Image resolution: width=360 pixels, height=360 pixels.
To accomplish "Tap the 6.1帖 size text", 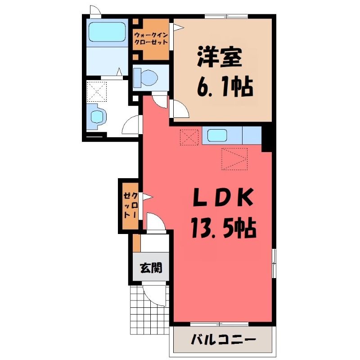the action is click(x=225, y=87).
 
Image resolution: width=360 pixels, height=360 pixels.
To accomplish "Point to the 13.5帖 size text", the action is click(x=223, y=228).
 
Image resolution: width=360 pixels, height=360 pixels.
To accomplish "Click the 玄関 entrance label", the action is click(x=151, y=268).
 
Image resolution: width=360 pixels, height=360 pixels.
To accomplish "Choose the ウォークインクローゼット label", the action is click(x=151, y=39).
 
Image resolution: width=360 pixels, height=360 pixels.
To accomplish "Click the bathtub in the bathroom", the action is click(x=107, y=32).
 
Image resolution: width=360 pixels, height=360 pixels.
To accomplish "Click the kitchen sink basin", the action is click(x=217, y=135).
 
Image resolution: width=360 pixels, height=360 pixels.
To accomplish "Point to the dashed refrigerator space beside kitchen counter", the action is click(x=189, y=137).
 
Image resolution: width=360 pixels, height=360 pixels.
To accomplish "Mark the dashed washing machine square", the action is click(x=97, y=92).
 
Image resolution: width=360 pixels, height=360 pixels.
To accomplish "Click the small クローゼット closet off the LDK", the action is click(x=130, y=206).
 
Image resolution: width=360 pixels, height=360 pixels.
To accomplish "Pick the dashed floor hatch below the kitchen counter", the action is click(x=234, y=159).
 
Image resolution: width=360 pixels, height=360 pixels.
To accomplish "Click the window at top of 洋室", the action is click(x=226, y=16).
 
